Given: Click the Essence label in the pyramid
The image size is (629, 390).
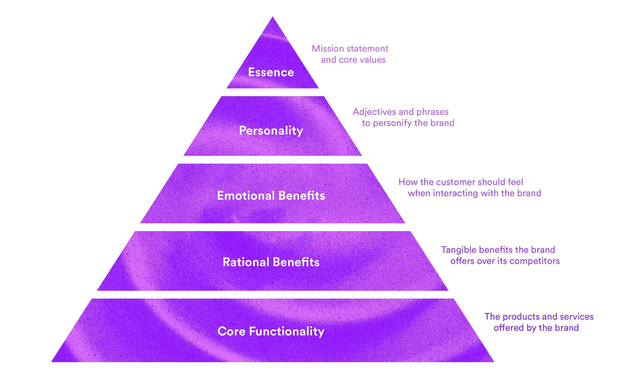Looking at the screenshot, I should coord(271,72).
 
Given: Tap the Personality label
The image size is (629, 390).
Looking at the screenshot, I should coord(271,130).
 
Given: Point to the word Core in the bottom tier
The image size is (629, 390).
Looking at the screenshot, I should coord(231,331).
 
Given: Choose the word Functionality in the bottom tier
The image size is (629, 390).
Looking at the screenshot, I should coord(286,331).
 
